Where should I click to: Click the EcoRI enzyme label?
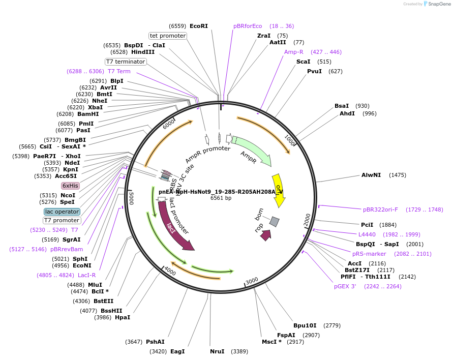[x=198, y=26]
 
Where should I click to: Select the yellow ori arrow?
[x=278, y=190]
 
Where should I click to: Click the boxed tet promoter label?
[x=167, y=36]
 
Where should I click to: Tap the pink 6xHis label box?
[x=70, y=186]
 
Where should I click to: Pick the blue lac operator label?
[x=62, y=212]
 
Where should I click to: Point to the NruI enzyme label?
[x=217, y=351]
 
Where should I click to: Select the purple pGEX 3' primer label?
[x=345, y=286]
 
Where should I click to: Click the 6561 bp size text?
[x=221, y=198]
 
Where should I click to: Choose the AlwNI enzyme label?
[x=371, y=175]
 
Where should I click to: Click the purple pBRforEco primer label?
[x=248, y=26]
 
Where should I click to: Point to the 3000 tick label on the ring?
[x=252, y=281]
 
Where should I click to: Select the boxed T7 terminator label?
[x=126, y=62]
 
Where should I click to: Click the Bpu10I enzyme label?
[x=305, y=325]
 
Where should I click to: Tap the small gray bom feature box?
[x=274, y=221]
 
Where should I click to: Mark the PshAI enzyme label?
[x=155, y=342]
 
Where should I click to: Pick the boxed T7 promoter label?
[x=62, y=220]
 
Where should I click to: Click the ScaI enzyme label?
[x=303, y=62]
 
